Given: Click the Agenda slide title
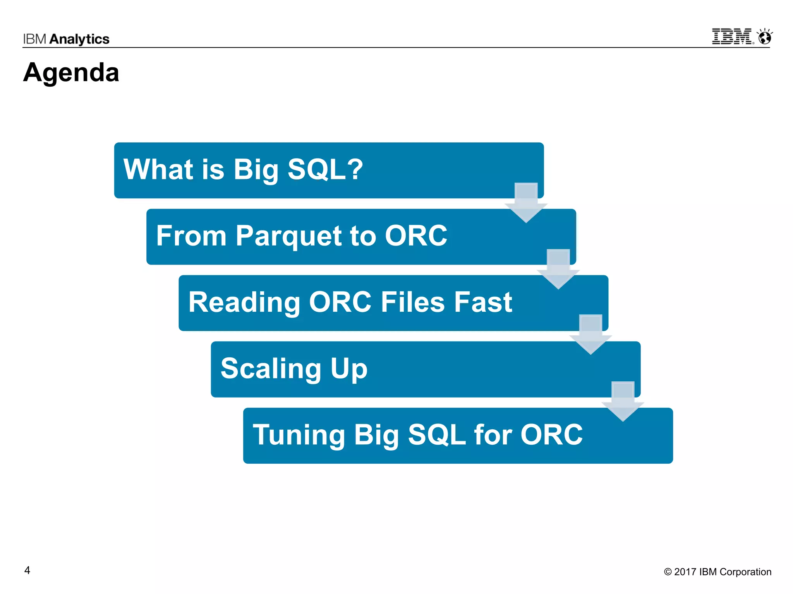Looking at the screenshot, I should click(x=71, y=73).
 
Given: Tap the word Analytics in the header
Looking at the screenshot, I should click(x=79, y=39).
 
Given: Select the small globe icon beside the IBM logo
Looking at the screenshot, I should click(x=765, y=38).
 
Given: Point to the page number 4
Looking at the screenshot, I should click(x=27, y=570).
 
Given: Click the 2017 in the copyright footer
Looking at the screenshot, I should click(x=685, y=572).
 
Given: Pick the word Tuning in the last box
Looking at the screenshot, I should click(x=299, y=435).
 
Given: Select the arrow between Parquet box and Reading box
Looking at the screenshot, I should click(x=558, y=270).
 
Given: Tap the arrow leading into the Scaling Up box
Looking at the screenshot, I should click(x=590, y=335).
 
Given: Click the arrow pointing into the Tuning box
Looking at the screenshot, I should click(x=623, y=402).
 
